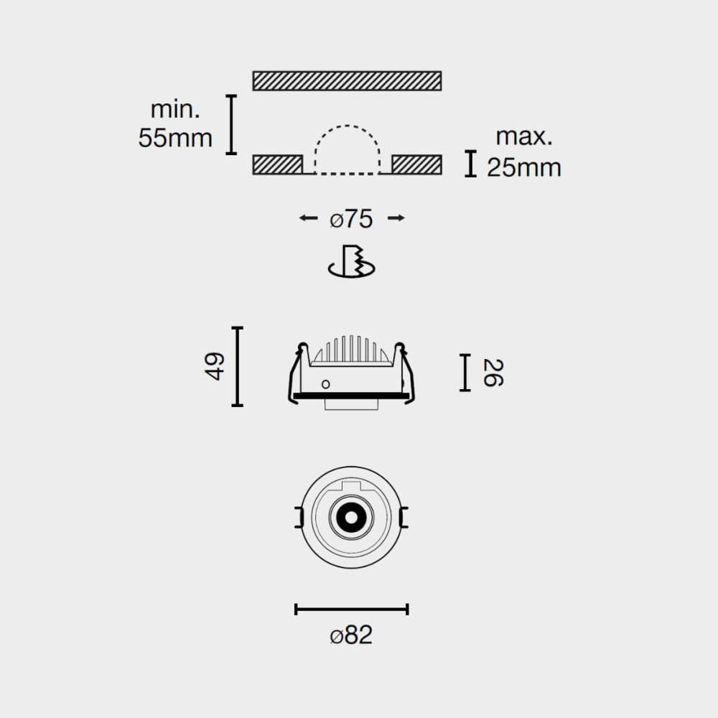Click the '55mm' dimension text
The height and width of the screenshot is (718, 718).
pos(175,138)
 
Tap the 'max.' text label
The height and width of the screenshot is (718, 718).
pos(524,136)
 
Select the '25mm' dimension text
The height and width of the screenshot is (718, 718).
pos(524,167)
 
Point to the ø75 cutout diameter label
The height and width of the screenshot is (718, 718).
pos(351,219)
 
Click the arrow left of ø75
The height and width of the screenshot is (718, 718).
pos(308,218)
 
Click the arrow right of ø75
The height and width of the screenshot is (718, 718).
pos(396,218)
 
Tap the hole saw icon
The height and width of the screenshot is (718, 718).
pos(352,261)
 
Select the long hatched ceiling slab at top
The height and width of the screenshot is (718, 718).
pos(347,80)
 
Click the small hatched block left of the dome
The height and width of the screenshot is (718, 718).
pos(277,165)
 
